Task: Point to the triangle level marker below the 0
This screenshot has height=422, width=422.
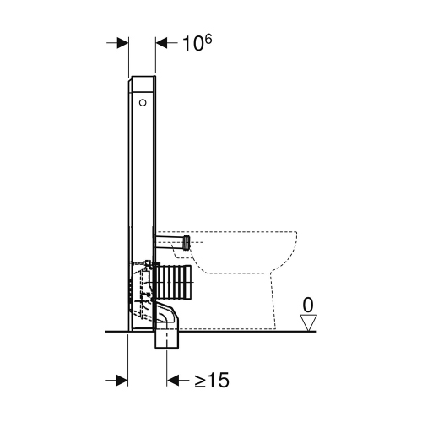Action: click(310, 321)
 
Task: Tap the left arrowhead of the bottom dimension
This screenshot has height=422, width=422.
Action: click(122, 381)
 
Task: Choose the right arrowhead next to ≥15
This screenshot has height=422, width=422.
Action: click(172, 381)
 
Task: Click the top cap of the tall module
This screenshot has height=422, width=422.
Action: click(143, 78)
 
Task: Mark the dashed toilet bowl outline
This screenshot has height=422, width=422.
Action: click(253, 253)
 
